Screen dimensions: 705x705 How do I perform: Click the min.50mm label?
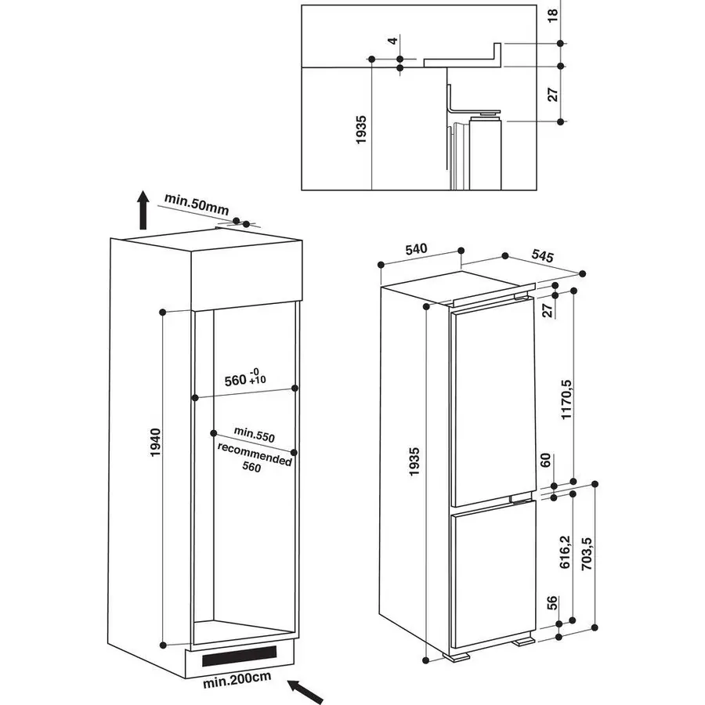click(x=197, y=204)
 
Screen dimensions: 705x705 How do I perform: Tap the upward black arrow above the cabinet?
click(x=143, y=209)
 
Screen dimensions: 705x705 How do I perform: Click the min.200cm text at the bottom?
click(x=237, y=679)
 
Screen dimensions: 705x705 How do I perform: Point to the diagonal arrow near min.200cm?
click(x=305, y=691)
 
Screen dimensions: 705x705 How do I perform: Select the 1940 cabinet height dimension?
click(x=155, y=443)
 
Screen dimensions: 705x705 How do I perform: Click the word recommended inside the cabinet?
click(x=255, y=454)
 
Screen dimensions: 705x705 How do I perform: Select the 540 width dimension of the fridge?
click(x=416, y=248)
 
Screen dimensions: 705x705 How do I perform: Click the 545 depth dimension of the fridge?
click(x=543, y=256)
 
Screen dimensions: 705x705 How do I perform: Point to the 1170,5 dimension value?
click(x=566, y=399)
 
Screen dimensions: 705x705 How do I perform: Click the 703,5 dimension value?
click(x=587, y=554)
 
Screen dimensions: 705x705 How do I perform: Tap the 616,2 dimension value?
click(x=565, y=551)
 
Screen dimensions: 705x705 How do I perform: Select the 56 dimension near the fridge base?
click(x=551, y=602)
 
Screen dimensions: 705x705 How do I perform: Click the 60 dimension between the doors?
click(x=545, y=460)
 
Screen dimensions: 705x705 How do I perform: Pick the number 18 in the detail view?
click(x=552, y=16)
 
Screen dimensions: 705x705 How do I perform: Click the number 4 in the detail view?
click(x=393, y=41)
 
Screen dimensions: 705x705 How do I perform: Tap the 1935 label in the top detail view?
click(x=361, y=130)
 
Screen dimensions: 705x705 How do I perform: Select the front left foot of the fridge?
click(x=456, y=657)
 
